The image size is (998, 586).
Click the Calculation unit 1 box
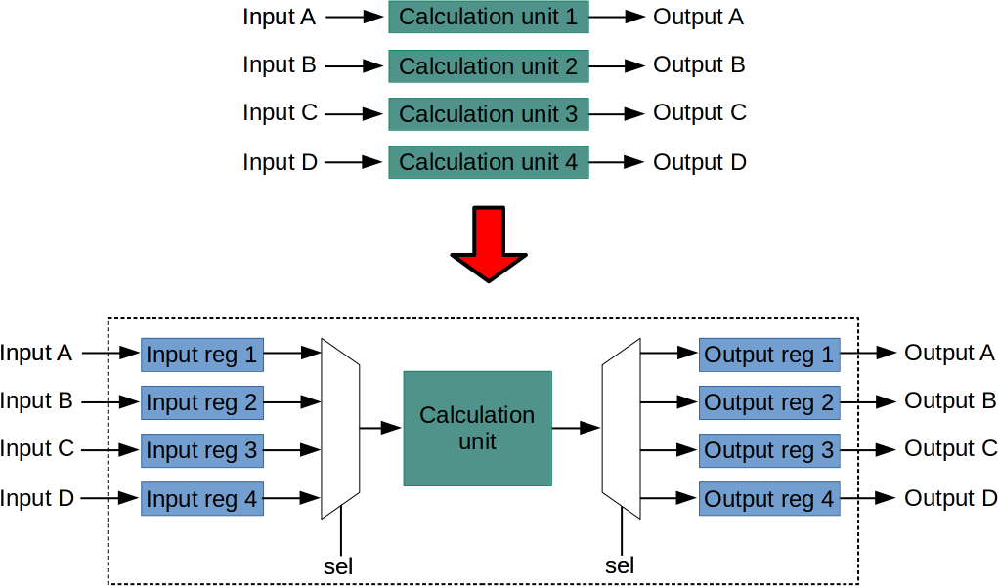[489, 18]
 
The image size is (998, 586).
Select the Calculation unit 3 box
[489, 113]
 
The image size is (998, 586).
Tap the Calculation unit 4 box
[489, 161]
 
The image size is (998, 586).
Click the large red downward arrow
[489, 243]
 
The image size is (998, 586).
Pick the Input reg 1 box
[202, 355]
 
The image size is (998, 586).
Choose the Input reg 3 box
[202, 450]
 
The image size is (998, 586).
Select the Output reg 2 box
[769, 402]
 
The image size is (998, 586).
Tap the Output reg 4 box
[769, 498]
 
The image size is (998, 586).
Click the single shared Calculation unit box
[477, 428]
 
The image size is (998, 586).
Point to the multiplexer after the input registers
[340, 428]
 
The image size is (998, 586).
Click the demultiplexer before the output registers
[621, 428]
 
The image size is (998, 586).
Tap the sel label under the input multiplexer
[338, 565]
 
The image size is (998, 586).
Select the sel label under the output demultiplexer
[620, 565]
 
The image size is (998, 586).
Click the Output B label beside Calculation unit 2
[699, 65]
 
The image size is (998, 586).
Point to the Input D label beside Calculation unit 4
[280, 161]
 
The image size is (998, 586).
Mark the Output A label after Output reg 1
[949, 354]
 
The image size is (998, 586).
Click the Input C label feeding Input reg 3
[37, 449]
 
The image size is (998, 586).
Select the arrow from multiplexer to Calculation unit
[380, 428]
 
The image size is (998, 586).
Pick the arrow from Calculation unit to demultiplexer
[576, 428]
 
